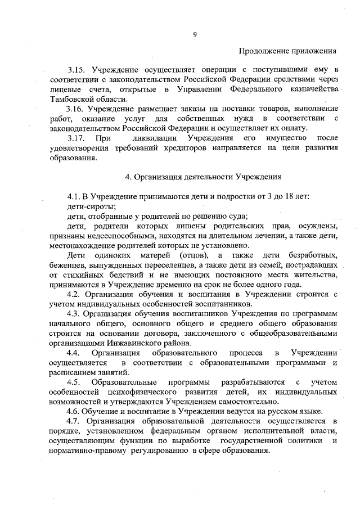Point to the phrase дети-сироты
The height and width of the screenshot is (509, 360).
click(x=87, y=206)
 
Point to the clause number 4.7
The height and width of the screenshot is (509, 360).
click(x=75, y=420)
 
